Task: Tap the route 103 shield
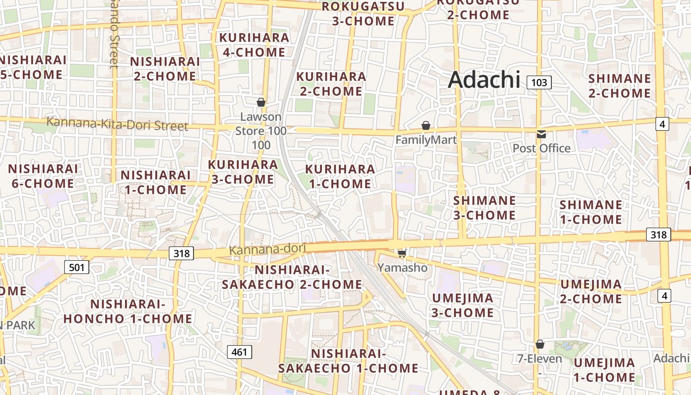539,82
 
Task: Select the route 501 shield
77,268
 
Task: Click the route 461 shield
239,352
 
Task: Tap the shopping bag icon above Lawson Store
261,102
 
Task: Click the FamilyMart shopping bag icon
426,126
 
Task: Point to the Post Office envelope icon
541,134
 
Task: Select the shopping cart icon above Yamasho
402,253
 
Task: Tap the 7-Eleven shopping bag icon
540,344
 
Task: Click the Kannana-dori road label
268,249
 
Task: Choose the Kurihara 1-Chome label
340,176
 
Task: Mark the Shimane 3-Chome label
484,208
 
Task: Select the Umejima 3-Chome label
462,305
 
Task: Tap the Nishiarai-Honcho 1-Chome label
127,311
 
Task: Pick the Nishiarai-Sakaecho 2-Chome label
292,277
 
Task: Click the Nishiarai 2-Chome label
165,69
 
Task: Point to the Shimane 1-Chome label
590,212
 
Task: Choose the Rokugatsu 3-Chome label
363,14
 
